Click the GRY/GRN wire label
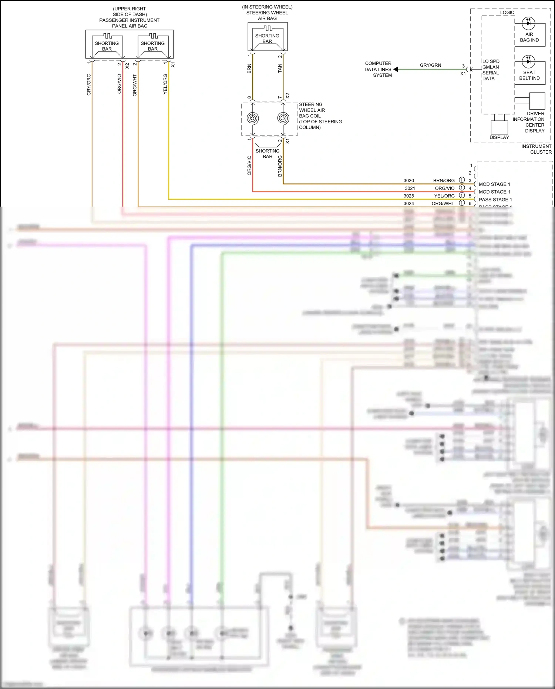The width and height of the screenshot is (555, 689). pos(430,65)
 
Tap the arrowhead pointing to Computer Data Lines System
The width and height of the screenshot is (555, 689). pos(396,69)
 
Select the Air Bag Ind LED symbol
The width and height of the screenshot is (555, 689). pos(528,23)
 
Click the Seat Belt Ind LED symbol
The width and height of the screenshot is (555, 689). pos(528,61)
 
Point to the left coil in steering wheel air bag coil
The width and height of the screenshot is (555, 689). pos(253,118)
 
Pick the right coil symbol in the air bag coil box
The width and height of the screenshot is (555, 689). pos(283,118)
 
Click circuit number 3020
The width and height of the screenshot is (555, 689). pos(408,181)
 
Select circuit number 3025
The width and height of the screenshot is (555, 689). pos(408,196)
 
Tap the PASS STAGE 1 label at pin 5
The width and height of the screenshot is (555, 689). pos(495,200)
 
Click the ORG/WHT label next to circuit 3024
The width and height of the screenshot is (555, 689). pos(443,204)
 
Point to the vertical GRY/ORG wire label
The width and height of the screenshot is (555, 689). pos(89,85)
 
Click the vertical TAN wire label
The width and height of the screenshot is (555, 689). pos(280,68)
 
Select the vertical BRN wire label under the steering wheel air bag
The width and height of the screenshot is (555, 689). pos(249,68)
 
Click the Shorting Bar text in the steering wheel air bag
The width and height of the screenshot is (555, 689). pos(267,39)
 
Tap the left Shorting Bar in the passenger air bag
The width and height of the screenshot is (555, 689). pos(107,46)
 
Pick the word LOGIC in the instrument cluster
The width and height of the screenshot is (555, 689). pos(507,13)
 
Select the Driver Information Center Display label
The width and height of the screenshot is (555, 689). pos(529,122)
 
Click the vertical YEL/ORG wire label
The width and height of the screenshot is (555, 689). pos(165,84)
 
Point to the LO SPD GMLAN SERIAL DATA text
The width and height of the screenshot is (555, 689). pos(491,70)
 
